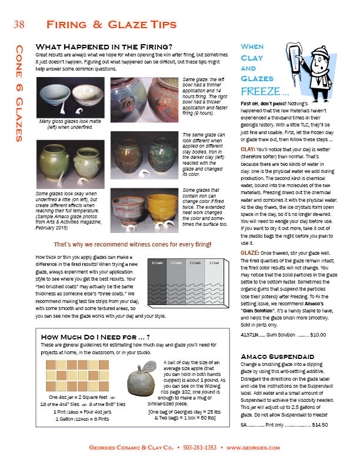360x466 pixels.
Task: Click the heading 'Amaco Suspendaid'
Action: [273, 357]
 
